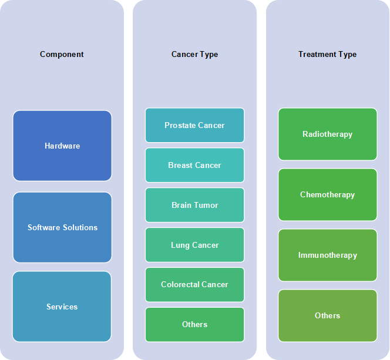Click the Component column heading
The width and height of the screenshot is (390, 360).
click(x=62, y=55)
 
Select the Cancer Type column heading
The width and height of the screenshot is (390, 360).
click(x=194, y=55)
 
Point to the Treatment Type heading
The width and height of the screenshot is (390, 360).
click(x=327, y=55)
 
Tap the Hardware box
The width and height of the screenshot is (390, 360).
click(x=62, y=146)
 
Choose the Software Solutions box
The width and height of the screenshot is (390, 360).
click(x=62, y=227)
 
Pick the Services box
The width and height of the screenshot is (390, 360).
click(x=62, y=307)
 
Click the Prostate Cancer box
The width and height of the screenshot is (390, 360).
click(x=194, y=125)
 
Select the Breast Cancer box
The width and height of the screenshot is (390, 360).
click(x=194, y=165)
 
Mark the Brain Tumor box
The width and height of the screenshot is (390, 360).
click(x=194, y=205)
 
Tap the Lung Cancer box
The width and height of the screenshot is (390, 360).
click(x=194, y=245)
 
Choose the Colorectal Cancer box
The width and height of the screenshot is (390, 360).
click(x=194, y=284)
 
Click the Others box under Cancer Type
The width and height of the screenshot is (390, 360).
click(x=194, y=324)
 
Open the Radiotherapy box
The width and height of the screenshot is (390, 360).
click(x=327, y=134)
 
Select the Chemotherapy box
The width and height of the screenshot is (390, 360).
click(x=327, y=194)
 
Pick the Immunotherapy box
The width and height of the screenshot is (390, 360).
click(x=327, y=255)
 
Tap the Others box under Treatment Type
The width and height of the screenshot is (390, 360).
click(x=327, y=315)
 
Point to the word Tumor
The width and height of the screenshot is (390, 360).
click(x=206, y=205)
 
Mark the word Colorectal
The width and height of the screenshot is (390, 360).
click(x=179, y=284)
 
